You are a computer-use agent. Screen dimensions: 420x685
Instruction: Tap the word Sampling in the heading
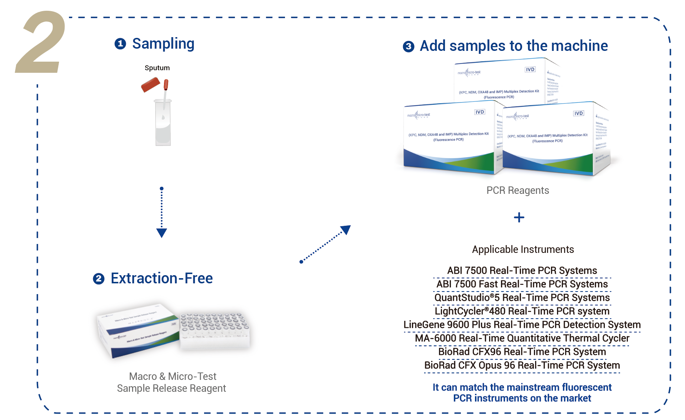pyautogui.click(x=163, y=44)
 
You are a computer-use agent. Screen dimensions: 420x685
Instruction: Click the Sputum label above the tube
pyautogui.click(x=157, y=68)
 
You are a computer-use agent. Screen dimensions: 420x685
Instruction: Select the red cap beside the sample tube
pyautogui.click(x=150, y=85)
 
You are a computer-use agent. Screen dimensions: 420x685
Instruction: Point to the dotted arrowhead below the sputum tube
pyautogui.click(x=161, y=233)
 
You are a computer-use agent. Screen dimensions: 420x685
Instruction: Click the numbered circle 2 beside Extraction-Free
pyautogui.click(x=99, y=279)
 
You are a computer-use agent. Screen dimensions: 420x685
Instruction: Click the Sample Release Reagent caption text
pyautogui.click(x=171, y=388)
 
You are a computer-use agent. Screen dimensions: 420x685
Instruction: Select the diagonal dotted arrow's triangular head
pyautogui.click(x=346, y=229)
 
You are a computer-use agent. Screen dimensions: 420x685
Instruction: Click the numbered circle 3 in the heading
pyautogui.click(x=409, y=46)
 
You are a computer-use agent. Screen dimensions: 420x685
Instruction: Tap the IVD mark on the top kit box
pyautogui.click(x=530, y=69)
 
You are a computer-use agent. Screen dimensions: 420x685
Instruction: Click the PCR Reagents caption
pyautogui.click(x=518, y=191)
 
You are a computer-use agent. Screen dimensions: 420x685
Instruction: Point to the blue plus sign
pyautogui.click(x=519, y=217)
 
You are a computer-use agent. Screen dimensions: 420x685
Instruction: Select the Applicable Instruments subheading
pyautogui.click(x=523, y=249)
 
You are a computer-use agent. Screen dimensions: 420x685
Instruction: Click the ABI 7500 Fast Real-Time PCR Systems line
pyautogui.click(x=522, y=284)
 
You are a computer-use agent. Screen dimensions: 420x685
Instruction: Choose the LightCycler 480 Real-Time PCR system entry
pyautogui.click(x=522, y=311)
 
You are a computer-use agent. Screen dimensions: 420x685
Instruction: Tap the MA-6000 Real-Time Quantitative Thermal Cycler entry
pyautogui.click(x=522, y=338)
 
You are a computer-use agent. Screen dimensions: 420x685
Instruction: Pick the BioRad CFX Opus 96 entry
pyautogui.click(x=522, y=365)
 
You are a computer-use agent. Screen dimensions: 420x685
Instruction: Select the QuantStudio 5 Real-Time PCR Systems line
pyautogui.click(x=522, y=298)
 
